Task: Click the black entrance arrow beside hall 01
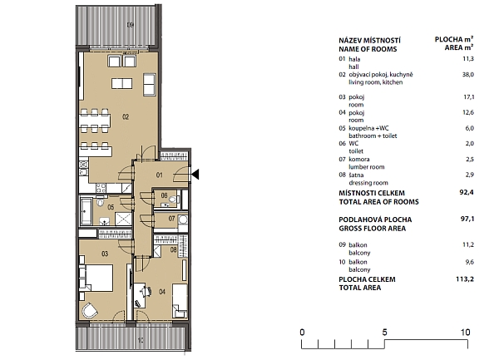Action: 195,175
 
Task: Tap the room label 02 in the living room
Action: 126,117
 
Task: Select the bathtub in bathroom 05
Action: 86,210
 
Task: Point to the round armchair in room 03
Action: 90,310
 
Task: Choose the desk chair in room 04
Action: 146,291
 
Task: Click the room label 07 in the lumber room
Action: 171,219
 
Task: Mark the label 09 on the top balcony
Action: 131,24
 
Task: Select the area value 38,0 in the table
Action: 467,75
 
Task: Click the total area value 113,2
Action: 465,279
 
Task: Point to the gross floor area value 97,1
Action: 467,219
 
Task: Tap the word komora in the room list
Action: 359,159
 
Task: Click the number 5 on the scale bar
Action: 384,333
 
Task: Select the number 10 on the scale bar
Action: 465,333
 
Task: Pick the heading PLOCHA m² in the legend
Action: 454,39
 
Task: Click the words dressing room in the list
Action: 368,183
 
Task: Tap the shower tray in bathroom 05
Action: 123,219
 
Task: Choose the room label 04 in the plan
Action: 162,291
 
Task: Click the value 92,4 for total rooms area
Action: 467,192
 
